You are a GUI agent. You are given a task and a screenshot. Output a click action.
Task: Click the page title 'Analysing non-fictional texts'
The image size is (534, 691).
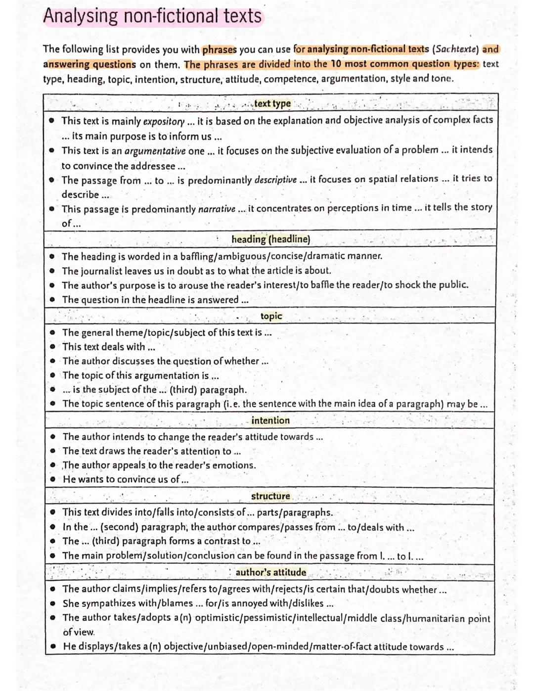click(152, 16)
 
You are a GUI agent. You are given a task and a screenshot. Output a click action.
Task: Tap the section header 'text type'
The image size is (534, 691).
click(272, 104)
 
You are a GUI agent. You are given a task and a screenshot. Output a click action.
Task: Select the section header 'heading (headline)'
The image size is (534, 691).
click(270, 239)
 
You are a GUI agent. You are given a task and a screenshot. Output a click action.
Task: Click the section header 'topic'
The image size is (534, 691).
click(271, 316)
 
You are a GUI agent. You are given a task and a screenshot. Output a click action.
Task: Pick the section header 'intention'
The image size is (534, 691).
click(270, 420)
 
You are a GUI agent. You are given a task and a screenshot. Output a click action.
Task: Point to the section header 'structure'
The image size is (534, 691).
click(270, 496)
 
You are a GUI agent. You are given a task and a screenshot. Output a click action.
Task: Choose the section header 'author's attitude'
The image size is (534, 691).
click(270, 572)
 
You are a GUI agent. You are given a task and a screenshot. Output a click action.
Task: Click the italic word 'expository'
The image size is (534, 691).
click(164, 121)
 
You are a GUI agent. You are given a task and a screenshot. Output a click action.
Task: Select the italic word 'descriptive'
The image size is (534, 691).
click(275, 180)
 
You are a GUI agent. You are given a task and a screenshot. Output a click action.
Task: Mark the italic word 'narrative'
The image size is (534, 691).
click(217, 209)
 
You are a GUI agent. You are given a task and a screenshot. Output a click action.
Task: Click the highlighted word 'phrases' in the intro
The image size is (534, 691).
click(220, 50)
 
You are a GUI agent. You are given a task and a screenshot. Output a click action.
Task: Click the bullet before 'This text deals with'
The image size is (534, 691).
click(52, 347)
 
